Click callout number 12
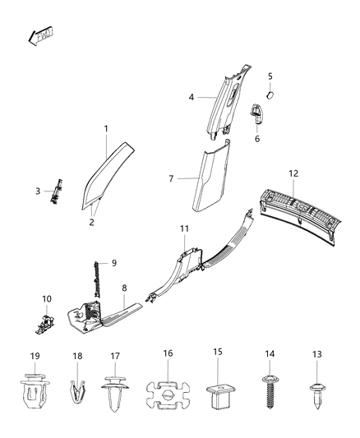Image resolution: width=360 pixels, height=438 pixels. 293,174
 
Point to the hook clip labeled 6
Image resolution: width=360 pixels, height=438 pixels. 256,113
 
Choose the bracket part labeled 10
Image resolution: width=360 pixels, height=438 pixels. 41,323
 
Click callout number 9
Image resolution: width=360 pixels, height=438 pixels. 113,263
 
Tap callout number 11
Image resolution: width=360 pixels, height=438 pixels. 184,227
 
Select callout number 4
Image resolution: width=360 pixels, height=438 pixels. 191,97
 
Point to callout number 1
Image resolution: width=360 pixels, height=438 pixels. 106,129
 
